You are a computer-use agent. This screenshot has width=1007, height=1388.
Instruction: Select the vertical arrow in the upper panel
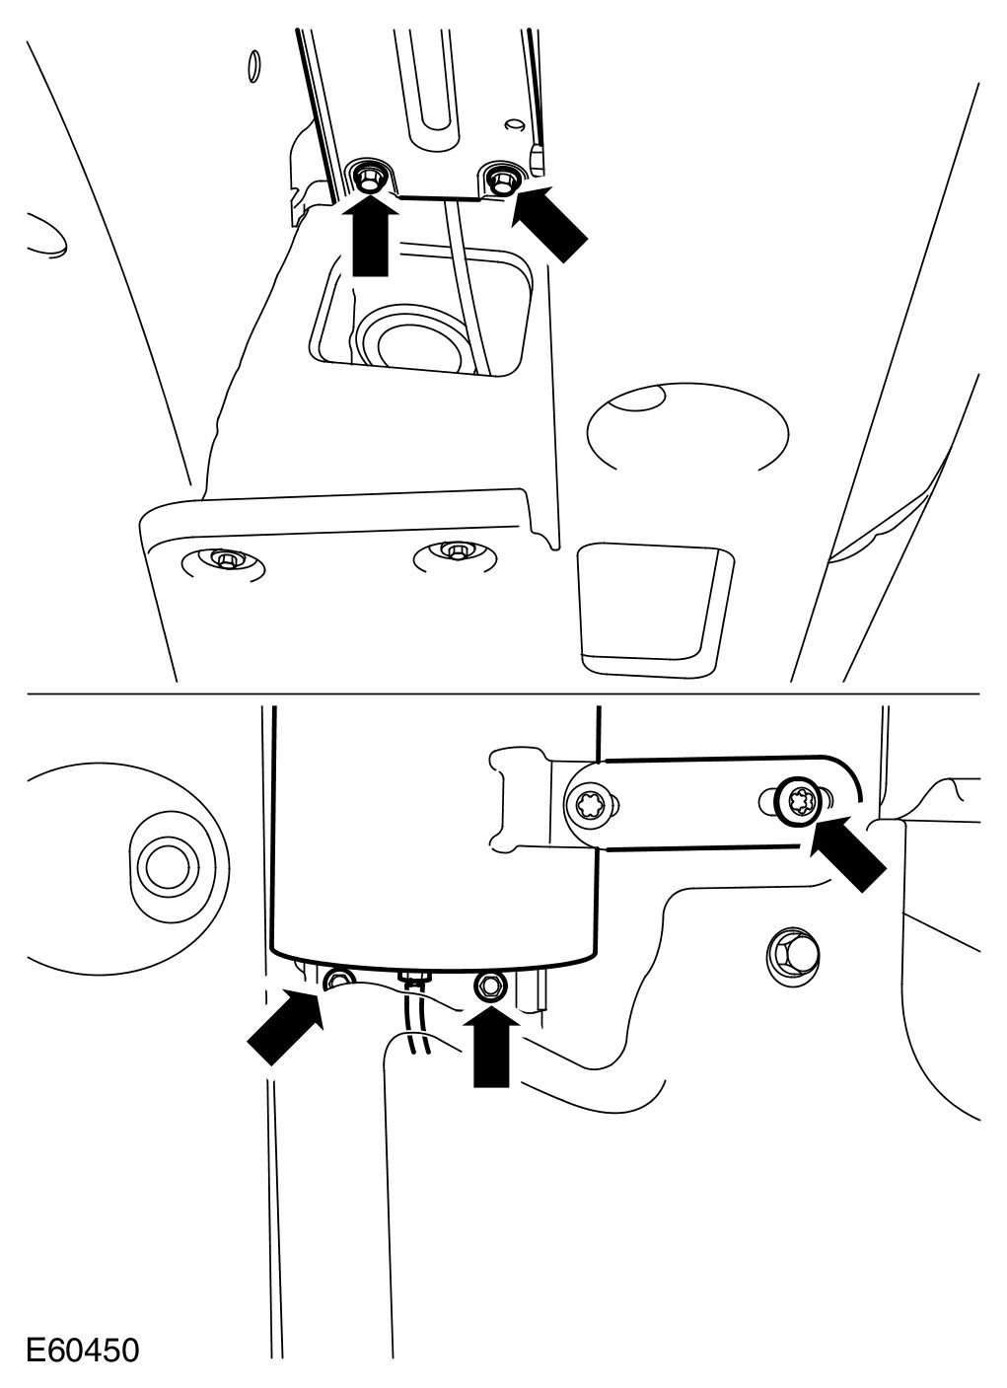tap(370, 234)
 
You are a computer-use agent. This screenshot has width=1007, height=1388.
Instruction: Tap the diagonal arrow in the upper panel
tap(550, 221)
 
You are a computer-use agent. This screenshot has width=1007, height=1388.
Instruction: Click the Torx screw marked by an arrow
tap(800, 804)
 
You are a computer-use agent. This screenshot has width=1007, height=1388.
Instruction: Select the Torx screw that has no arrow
tap(590, 806)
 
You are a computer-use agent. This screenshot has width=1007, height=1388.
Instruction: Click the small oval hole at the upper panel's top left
tap(252, 65)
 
